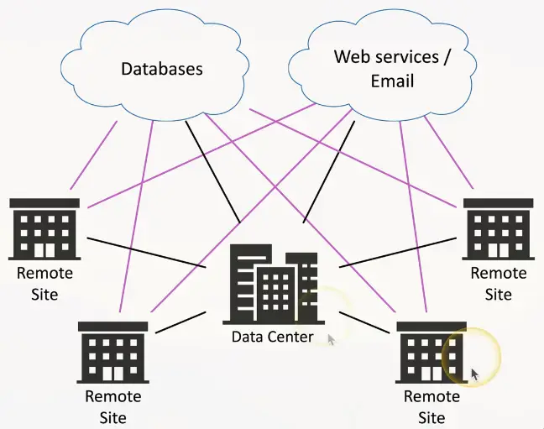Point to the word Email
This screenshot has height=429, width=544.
tap(392, 81)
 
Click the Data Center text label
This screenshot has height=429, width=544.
tap(273, 337)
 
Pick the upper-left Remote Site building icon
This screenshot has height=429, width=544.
tap(44, 228)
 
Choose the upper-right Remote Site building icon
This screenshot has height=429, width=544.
tap(498, 228)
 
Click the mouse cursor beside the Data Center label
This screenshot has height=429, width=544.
tap(331, 339)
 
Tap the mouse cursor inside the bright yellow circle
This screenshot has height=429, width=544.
tap(474, 374)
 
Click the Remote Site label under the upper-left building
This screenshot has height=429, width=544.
tap(44, 284)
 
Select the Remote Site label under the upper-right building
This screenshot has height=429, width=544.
tap(499, 284)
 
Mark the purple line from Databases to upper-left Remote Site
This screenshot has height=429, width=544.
tap(92, 154)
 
